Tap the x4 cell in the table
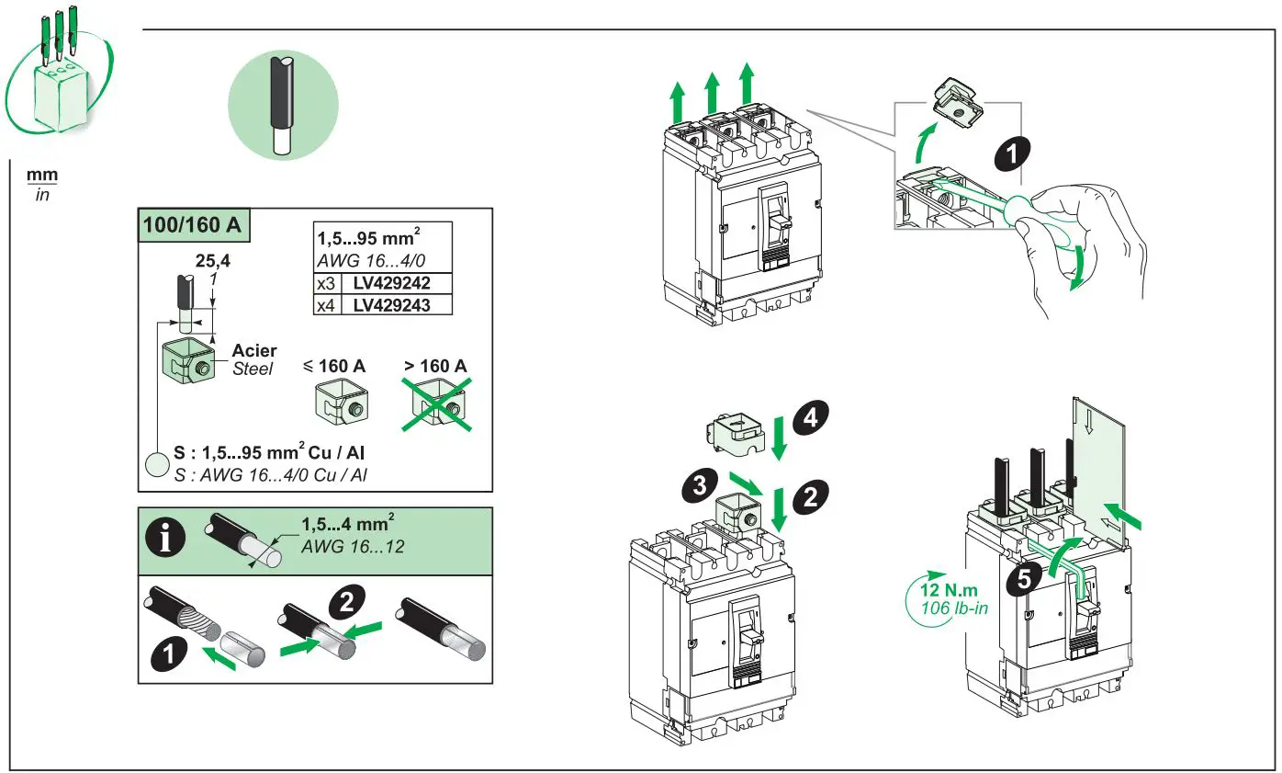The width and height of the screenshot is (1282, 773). click(326, 304)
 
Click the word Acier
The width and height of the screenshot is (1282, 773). click(253, 351)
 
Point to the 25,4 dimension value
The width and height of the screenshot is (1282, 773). click(212, 260)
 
